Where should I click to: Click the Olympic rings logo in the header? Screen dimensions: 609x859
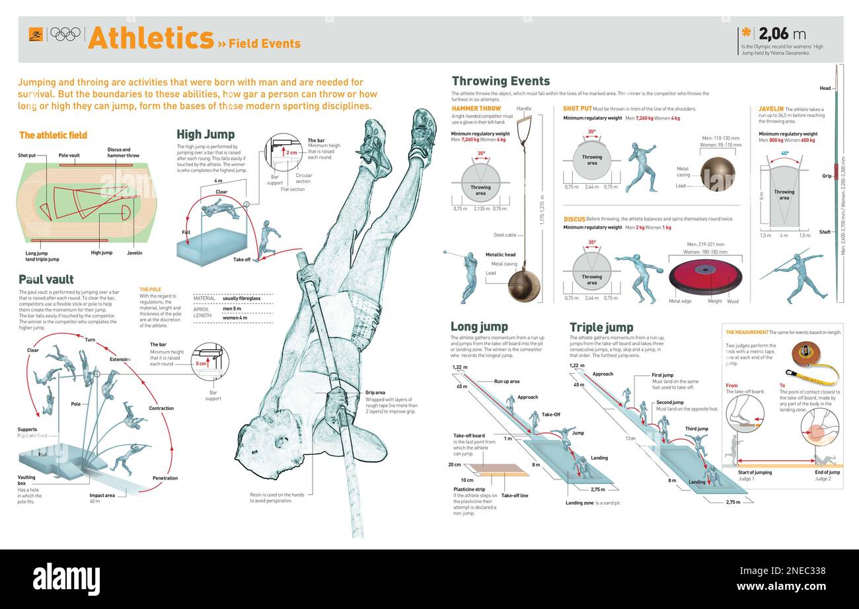pos(65,34)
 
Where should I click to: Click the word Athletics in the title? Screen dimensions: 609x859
pos(151,38)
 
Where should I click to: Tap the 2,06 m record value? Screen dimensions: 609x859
pos(782,34)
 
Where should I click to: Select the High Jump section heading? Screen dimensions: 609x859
pos(205,134)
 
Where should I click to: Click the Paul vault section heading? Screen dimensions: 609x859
pos(46,279)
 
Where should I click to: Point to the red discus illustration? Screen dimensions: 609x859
pos(704,276)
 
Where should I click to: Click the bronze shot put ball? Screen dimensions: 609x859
pos(717,174)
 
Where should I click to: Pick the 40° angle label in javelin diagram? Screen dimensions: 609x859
pos(784,153)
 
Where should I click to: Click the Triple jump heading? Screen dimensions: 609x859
pos(601,327)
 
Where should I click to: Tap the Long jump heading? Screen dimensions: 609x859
pos(479,327)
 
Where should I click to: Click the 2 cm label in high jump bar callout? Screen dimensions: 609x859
pos(291,152)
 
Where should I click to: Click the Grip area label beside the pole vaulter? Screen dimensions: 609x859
pos(375,393)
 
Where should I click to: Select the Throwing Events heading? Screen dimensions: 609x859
pos(500,81)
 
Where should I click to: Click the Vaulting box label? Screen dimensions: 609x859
pos(27,477)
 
